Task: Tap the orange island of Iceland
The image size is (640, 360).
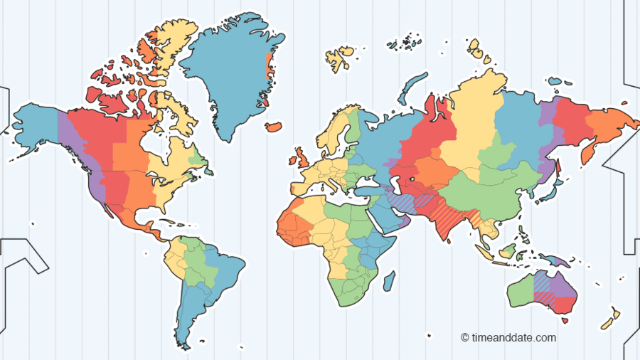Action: (x=273, y=127)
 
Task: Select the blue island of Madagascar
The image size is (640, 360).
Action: (x=388, y=281)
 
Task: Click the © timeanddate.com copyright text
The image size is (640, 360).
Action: (x=508, y=338)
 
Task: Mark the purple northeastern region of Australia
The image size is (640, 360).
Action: (x=565, y=285)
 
